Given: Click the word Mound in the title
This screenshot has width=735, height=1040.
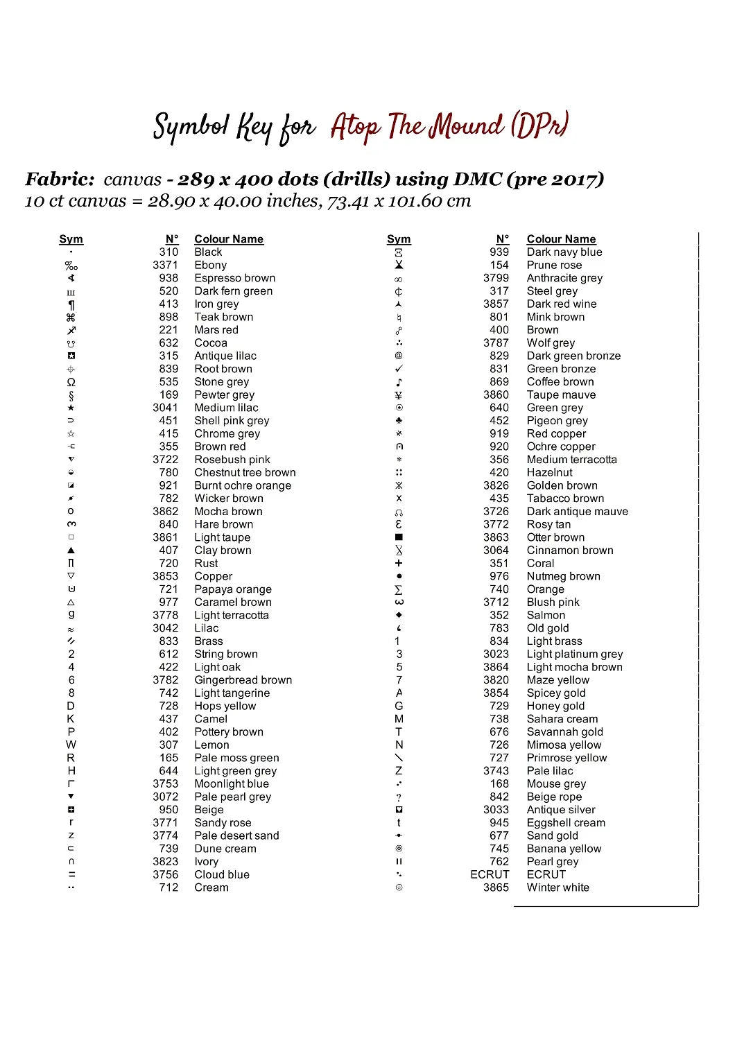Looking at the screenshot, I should (x=465, y=126).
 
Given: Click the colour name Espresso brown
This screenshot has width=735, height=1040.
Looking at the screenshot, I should (x=234, y=278).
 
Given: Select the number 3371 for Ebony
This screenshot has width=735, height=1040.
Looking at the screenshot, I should (x=165, y=265).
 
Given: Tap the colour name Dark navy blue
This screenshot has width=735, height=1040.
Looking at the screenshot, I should (x=564, y=252).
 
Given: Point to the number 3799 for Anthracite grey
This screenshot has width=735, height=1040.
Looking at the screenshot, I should (x=496, y=278).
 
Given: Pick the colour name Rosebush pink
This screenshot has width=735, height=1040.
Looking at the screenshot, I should (x=232, y=460).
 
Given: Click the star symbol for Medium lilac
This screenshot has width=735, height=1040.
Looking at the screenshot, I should (x=71, y=408).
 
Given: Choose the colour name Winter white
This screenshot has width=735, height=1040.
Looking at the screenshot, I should (x=557, y=887).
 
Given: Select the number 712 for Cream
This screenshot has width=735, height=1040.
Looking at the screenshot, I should (x=168, y=887).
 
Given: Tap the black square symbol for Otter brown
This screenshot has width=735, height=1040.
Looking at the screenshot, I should (x=399, y=537).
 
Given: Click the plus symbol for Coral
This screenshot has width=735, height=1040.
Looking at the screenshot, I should (x=399, y=564).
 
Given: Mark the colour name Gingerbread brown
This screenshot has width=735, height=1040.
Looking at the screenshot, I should (x=243, y=680).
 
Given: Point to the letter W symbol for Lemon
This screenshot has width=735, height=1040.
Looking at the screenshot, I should (x=71, y=745).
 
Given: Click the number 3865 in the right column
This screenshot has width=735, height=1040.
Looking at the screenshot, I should (x=496, y=887).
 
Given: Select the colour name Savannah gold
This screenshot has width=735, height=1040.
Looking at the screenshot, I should (x=564, y=732).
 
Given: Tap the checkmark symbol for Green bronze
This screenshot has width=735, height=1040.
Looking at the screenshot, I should (x=399, y=369).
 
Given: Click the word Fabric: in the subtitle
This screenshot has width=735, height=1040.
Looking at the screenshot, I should (x=60, y=180).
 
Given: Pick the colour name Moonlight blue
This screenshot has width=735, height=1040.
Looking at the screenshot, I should (x=232, y=784).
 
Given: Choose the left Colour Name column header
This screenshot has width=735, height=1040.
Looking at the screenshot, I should (x=229, y=239).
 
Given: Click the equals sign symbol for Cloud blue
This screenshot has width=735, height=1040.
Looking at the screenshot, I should (x=71, y=875).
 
